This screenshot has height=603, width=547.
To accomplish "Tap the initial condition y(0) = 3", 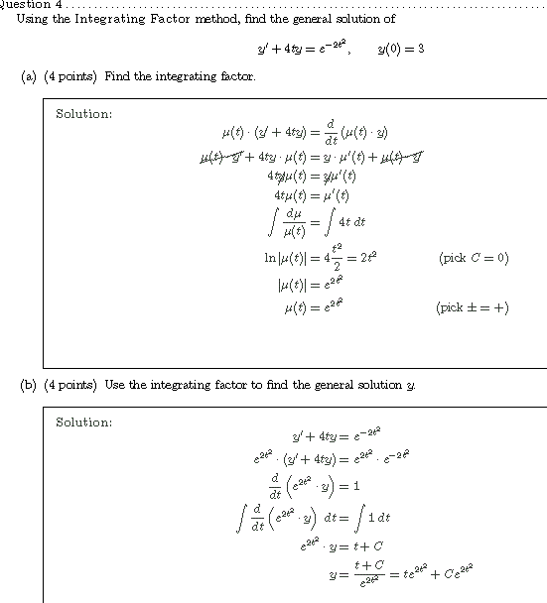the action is pyautogui.click(x=401, y=49).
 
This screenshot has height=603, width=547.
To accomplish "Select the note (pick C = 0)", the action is pyautogui.click(x=473, y=258).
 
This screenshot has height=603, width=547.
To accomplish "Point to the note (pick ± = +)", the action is pyautogui.click(x=472, y=307).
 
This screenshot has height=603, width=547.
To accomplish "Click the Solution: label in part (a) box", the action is pyautogui.click(x=83, y=114).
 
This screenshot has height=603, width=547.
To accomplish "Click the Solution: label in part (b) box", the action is pyautogui.click(x=83, y=422).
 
